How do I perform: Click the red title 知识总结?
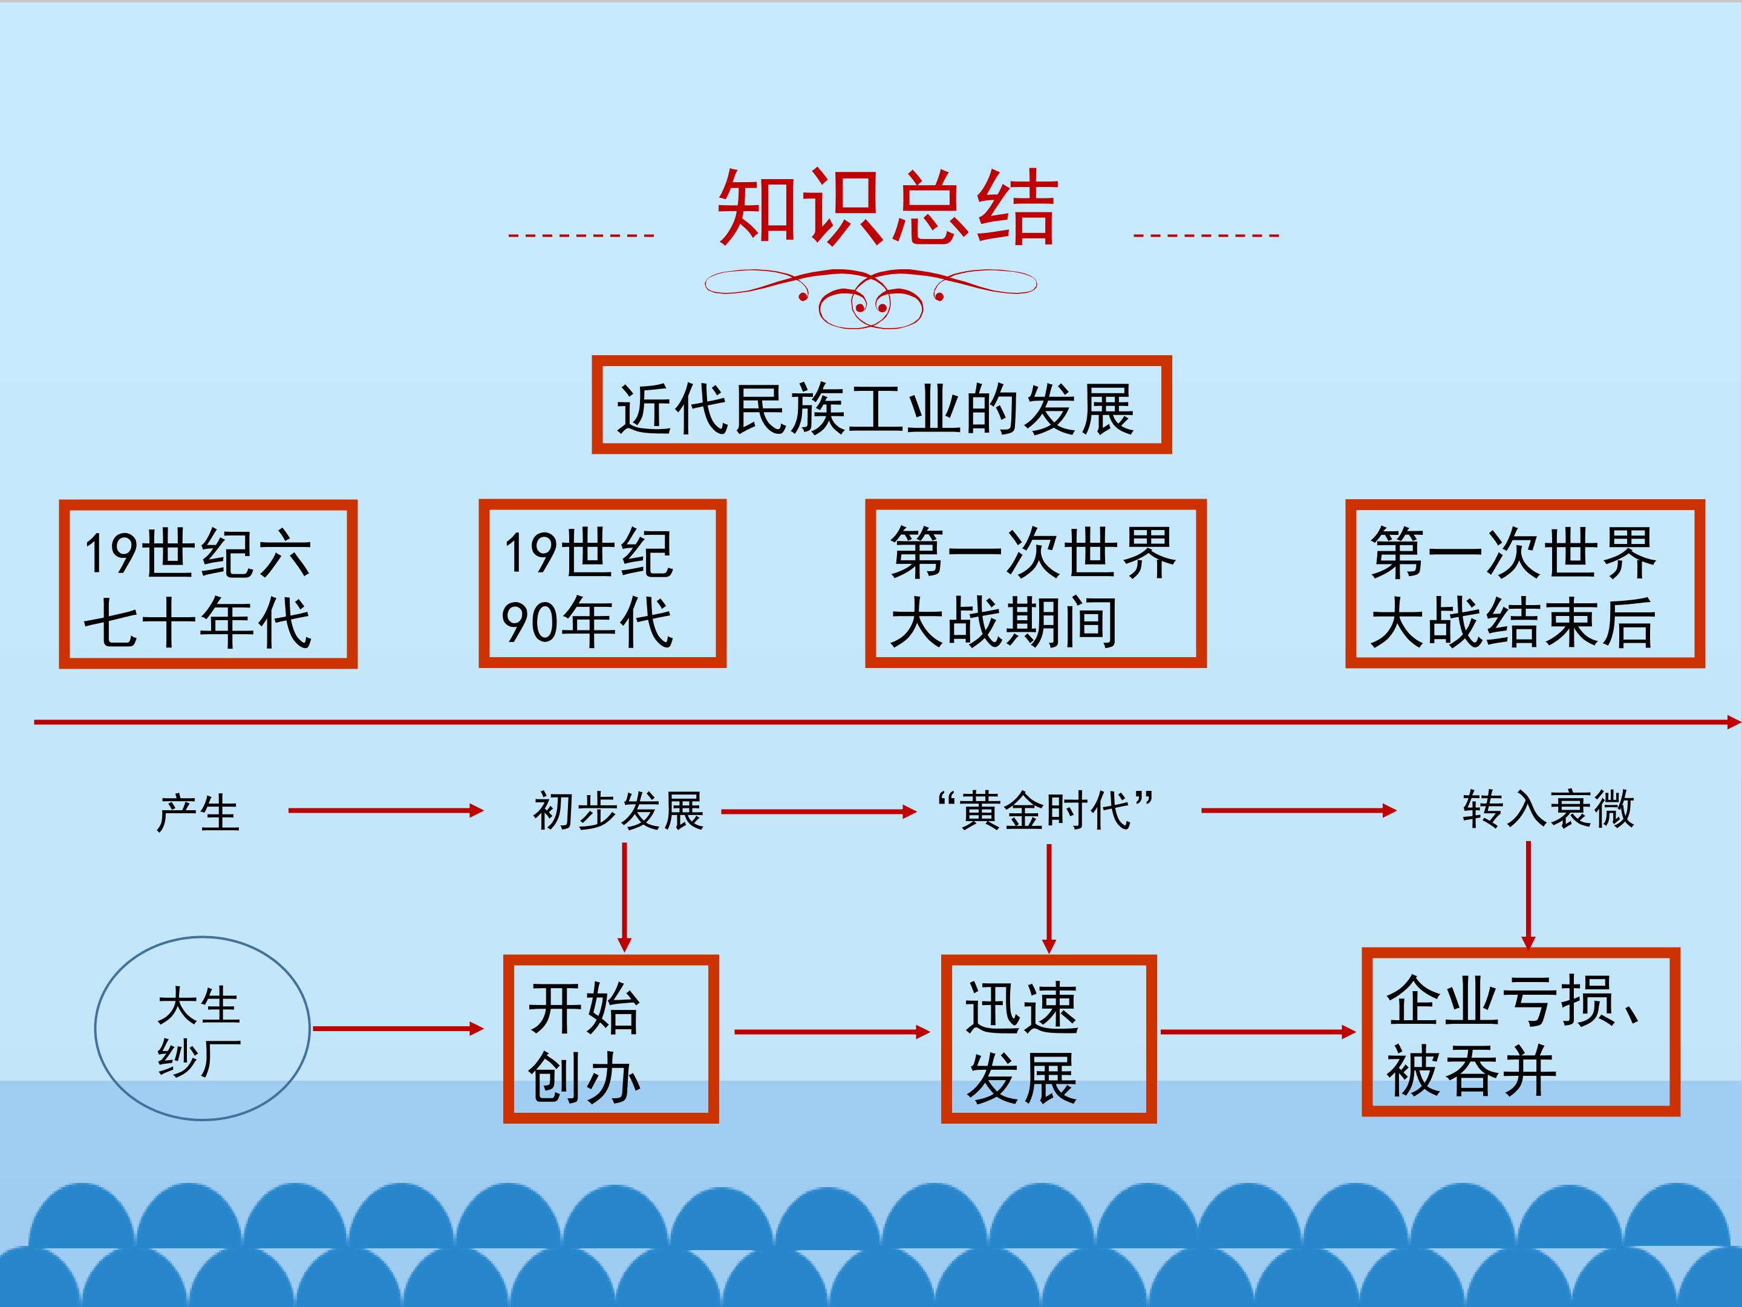[887, 207]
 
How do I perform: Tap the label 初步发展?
[618, 811]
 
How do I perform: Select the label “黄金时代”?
[1046, 811]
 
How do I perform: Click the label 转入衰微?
[1548, 809]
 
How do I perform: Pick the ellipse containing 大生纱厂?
[203, 1028]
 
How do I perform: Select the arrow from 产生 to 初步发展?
[386, 811]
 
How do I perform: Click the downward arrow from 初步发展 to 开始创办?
[624, 897]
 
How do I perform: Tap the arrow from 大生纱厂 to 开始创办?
[399, 1028]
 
